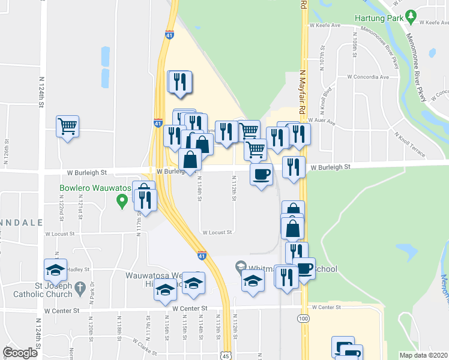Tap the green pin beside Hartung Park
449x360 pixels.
pyautogui.click(x=411, y=16)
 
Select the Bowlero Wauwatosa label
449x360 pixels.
pyautogui.click(x=95, y=188)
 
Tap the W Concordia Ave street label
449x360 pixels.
pyautogui.click(x=367, y=77)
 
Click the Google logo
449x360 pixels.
pyautogui.click(x=20, y=353)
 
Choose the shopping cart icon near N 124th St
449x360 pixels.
pyautogui.click(x=68, y=127)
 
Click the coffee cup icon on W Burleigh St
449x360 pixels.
pyautogui.click(x=261, y=175)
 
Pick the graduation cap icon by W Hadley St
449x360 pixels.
pyautogui.click(x=55, y=271)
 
